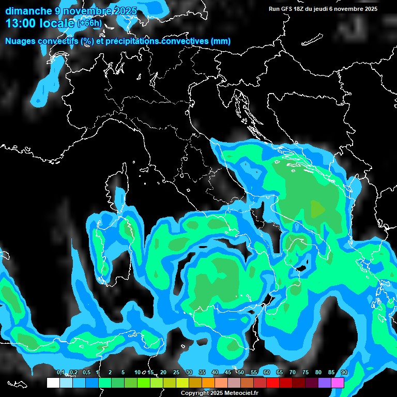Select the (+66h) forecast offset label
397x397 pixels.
click(x=89, y=24)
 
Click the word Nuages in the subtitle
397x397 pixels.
click(x=20, y=41)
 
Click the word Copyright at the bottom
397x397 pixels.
click(x=195, y=393)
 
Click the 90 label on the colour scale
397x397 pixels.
click(x=344, y=373)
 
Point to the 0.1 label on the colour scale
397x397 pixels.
click(x=60, y=373)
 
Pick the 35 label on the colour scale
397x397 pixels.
click(x=202, y=373)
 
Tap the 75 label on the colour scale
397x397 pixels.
click(x=305, y=373)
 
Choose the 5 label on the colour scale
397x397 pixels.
click(x=123, y=373)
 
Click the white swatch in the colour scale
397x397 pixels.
click(x=53, y=383)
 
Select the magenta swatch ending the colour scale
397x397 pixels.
click(x=338, y=383)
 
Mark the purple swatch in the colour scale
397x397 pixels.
click(x=325, y=383)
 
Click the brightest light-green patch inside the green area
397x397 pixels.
click(x=318, y=209)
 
